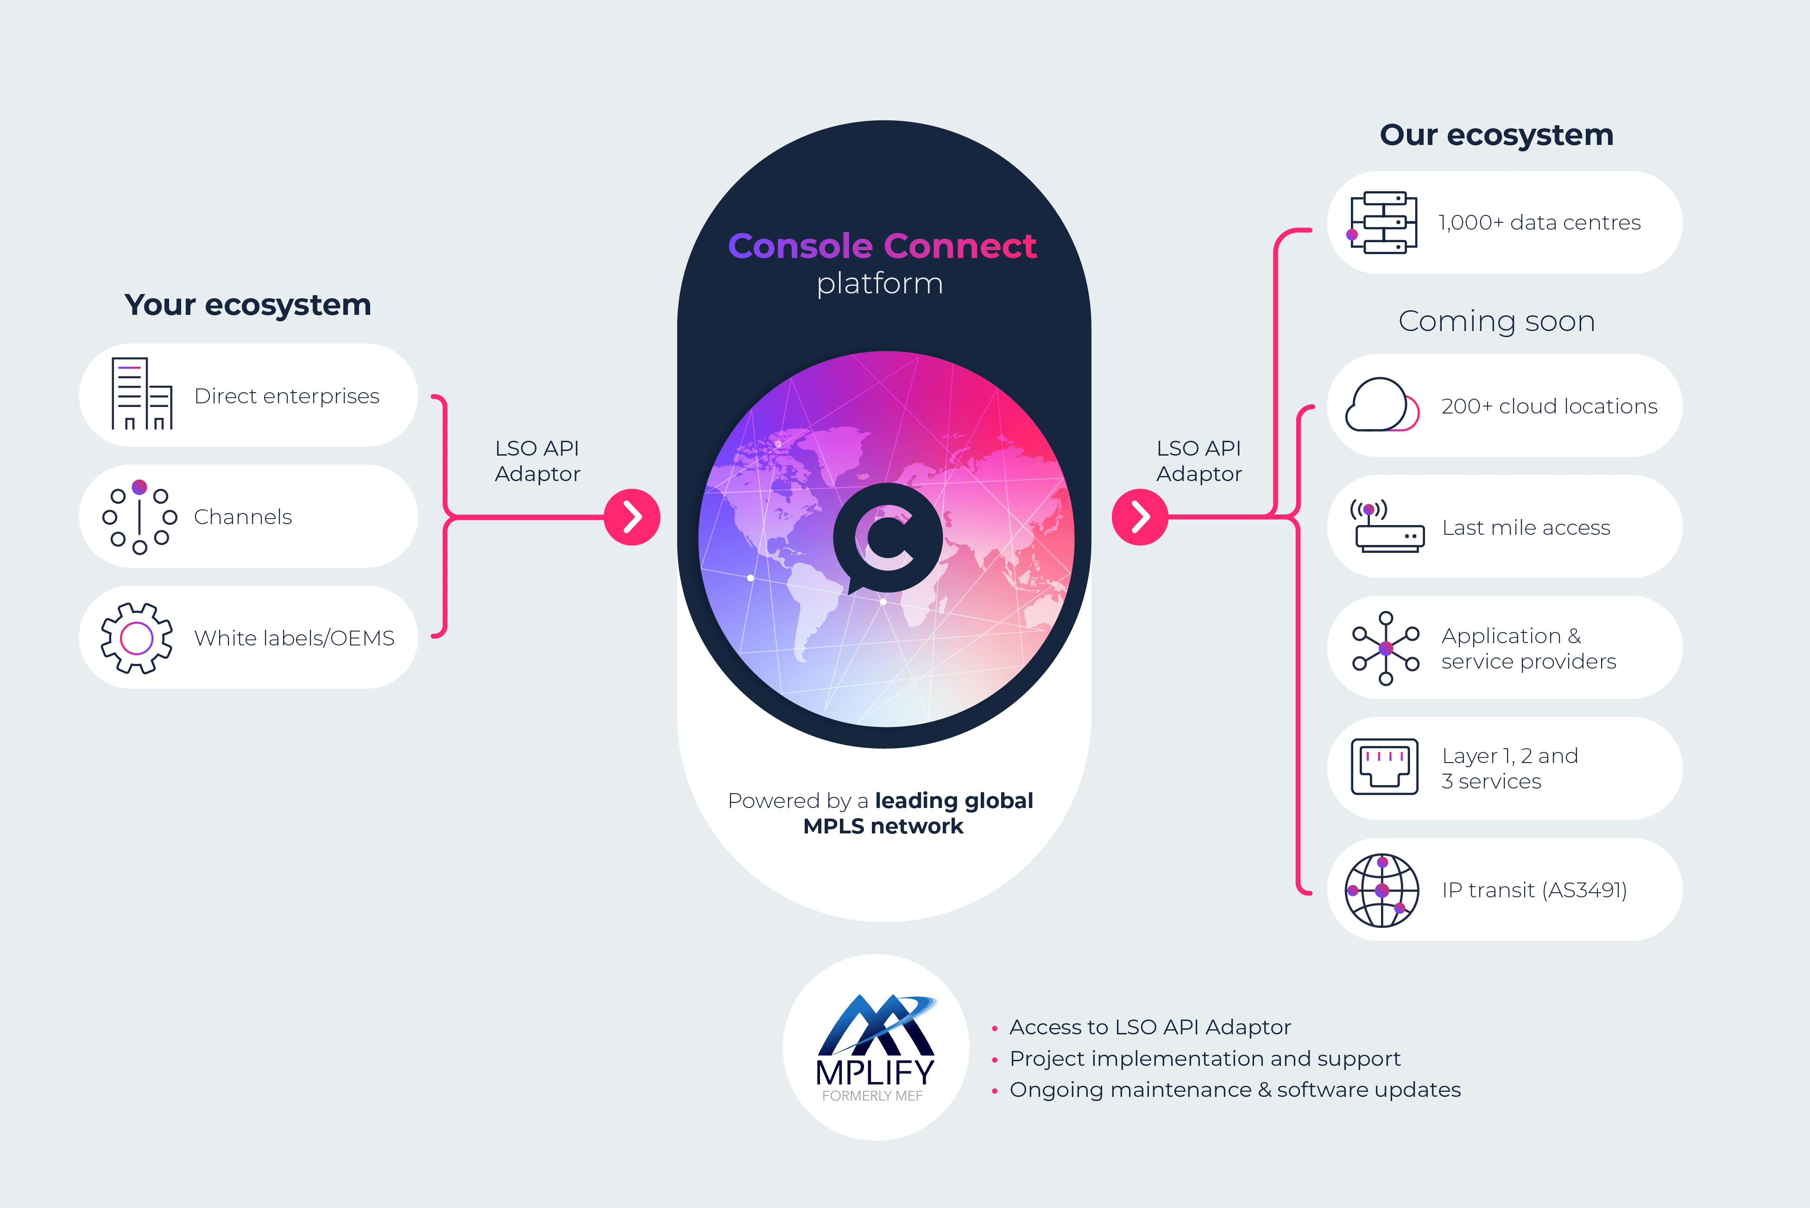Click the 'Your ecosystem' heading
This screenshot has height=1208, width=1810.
(247, 305)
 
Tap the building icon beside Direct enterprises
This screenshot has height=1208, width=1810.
(141, 394)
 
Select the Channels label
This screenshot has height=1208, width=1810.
(243, 517)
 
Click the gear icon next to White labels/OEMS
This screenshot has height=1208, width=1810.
(137, 638)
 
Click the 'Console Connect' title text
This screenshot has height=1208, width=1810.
(882, 246)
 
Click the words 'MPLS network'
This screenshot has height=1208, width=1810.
(883, 826)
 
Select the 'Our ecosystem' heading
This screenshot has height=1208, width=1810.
(1496, 135)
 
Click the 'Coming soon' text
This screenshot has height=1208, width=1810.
(1496, 321)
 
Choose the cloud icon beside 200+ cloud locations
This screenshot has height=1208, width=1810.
(1381, 405)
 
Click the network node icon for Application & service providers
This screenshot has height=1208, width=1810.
(1385, 648)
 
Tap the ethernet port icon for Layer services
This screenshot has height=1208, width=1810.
(1384, 767)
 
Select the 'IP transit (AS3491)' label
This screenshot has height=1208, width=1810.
(1534, 890)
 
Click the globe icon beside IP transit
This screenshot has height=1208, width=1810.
(1381, 890)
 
